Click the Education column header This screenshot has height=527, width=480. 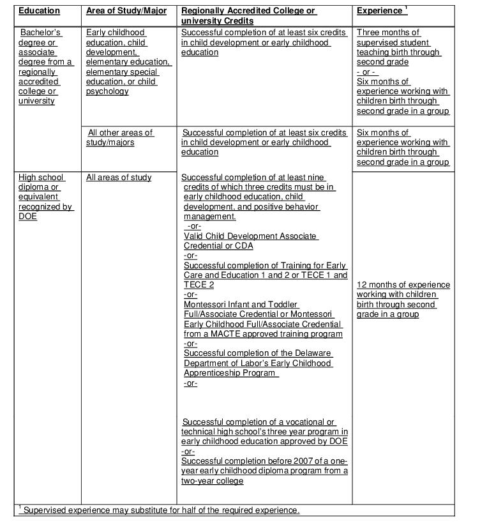(x=39, y=11)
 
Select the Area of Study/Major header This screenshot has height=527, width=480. (x=126, y=11)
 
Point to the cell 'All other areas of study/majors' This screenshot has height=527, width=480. (x=120, y=137)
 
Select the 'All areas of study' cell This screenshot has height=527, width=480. (x=119, y=178)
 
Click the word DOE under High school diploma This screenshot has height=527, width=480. (x=28, y=217)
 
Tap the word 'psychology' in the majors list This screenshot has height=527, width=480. (x=107, y=91)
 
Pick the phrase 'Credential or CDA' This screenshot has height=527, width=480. (x=218, y=246)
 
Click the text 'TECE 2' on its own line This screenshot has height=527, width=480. (x=199, y=285)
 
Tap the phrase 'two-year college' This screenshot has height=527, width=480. (x=212, y=481)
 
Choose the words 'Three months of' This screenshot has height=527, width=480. (x=388, y=33)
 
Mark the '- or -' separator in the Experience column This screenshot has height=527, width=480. (x=367, y=72)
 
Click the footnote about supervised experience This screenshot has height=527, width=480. (x=160, y=510)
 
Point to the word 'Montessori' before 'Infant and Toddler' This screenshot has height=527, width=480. (x=204, y=305)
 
